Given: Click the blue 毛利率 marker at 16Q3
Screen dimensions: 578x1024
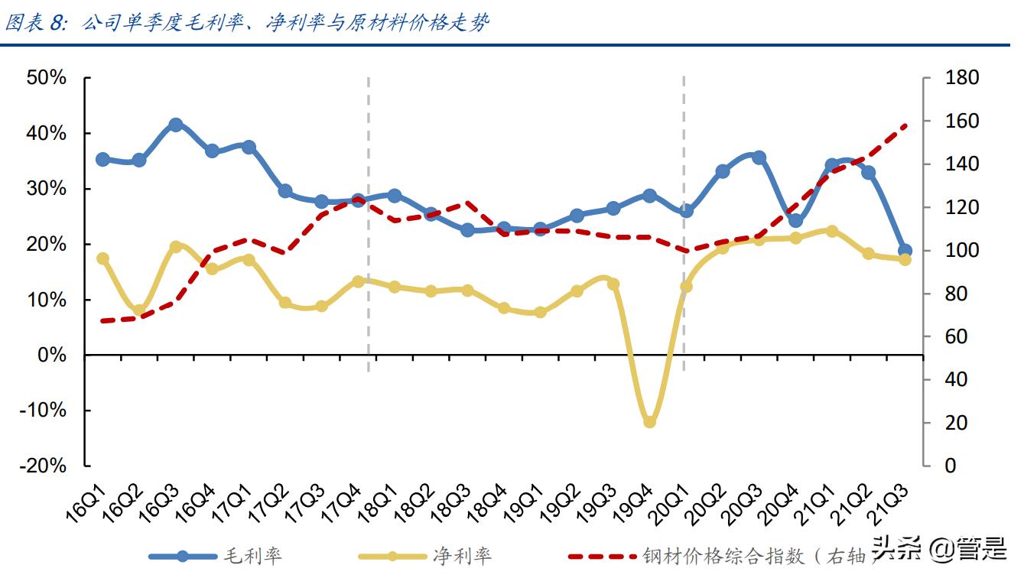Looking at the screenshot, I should (x=175, y=125).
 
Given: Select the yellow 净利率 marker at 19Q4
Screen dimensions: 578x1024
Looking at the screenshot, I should (x=649, y=421).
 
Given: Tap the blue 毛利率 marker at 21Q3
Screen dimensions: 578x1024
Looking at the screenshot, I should (x=905, y=251).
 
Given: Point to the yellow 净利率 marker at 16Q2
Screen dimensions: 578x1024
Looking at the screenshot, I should (x=139, y=311).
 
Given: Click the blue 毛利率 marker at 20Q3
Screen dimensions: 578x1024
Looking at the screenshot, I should (x=759, y=157).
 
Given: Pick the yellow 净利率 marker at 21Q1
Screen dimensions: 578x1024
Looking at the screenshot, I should (x=832, y=231).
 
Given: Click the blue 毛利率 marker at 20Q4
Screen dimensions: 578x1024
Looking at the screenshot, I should (x=795, y=221).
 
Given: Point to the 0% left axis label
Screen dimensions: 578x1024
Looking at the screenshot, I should (x=52, y=356).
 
